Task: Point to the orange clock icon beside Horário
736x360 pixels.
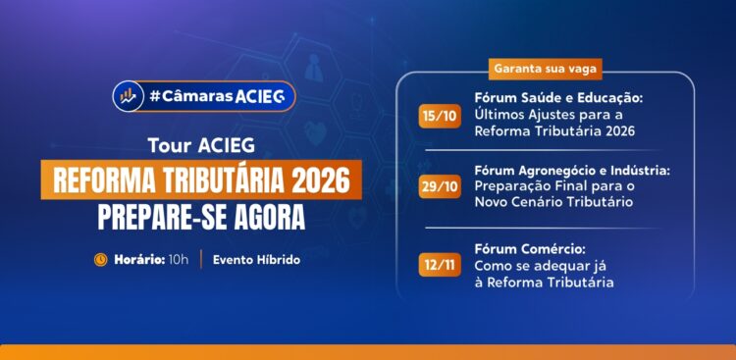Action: pos(100,260)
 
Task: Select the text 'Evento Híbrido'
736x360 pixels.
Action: pos(256,260)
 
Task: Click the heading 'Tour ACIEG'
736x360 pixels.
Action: pos(201,146)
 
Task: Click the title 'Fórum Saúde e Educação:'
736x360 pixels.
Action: pos(557,99)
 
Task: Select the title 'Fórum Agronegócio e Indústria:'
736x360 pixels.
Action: pos(572,170)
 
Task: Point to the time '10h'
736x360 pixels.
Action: pos(179,260)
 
